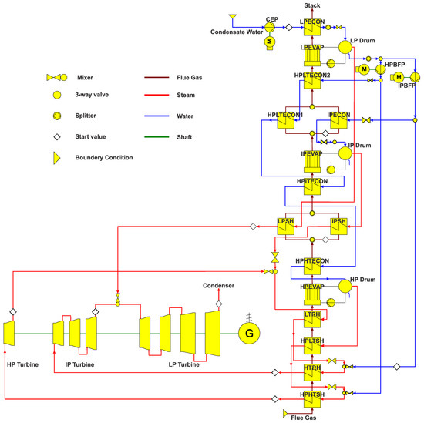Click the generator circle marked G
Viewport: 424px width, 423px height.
[x=249, y=333]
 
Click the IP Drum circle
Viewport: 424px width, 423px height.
[x=344, y=153]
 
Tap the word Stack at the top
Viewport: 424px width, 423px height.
[x=312, y=5]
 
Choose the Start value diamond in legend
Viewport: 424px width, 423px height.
[x=56, y=138]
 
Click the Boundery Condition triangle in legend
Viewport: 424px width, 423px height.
[x=56, y=158]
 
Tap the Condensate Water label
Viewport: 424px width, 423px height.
[x=237, y=32]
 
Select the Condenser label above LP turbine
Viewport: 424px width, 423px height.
[x=217, y=286]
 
